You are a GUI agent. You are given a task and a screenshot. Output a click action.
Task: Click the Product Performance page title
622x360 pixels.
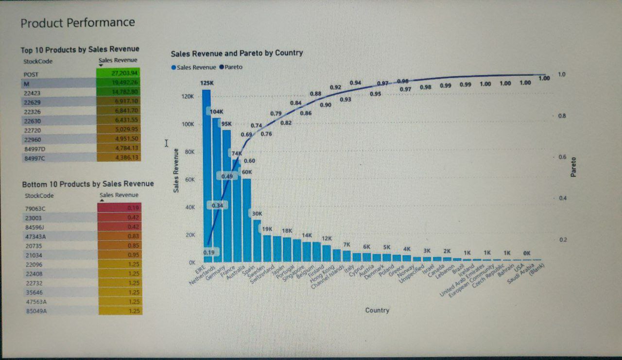tap(78, 22)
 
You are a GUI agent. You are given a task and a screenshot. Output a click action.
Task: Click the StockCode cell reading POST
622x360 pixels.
tap(31, 75)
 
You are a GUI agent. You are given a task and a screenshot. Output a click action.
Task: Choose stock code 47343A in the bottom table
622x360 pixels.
tap(35, 236)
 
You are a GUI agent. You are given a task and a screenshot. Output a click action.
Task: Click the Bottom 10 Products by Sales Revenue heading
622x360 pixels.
tap(88, 184)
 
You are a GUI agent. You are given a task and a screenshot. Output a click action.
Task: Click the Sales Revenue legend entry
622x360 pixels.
tap(193, 67)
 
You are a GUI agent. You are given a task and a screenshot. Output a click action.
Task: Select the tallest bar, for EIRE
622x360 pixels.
tap(207, 175)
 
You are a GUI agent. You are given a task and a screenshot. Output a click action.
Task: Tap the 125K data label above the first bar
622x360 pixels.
tap(206, 84)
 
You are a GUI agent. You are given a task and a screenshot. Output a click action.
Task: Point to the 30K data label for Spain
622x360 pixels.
tap(257, 213)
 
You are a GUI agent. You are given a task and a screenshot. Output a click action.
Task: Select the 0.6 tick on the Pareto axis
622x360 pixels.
tap(561, 157)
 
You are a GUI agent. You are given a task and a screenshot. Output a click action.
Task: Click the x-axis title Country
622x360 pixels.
tap(377, 310)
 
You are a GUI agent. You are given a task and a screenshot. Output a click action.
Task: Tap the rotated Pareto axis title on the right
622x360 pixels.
tap(574, 167)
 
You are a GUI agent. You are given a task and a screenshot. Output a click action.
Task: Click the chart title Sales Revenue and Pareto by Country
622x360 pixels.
tap(237, 53)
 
